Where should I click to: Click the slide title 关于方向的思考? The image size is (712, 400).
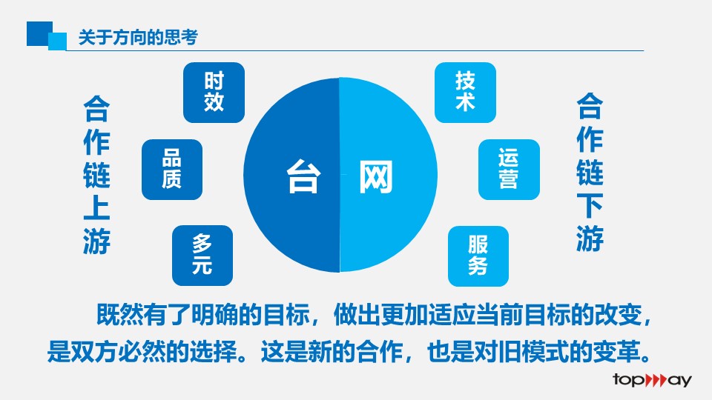pos(138,37)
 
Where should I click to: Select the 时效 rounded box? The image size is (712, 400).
pos(214,93)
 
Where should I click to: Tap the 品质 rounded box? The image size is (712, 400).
pos(172,170)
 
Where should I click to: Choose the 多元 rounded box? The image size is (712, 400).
pos(202,256)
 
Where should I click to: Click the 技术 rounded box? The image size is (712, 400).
pos(466,93)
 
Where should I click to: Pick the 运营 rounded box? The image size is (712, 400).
pos(509,170)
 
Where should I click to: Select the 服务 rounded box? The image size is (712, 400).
pos(478,256)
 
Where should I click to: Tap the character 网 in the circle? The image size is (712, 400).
pos(375,176)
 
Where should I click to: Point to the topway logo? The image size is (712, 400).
pos(652,379)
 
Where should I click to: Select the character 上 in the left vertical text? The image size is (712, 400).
pos(96,207)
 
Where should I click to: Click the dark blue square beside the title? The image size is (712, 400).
pos(39,33)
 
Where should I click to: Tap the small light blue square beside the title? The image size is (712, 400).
pos(58,41)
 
